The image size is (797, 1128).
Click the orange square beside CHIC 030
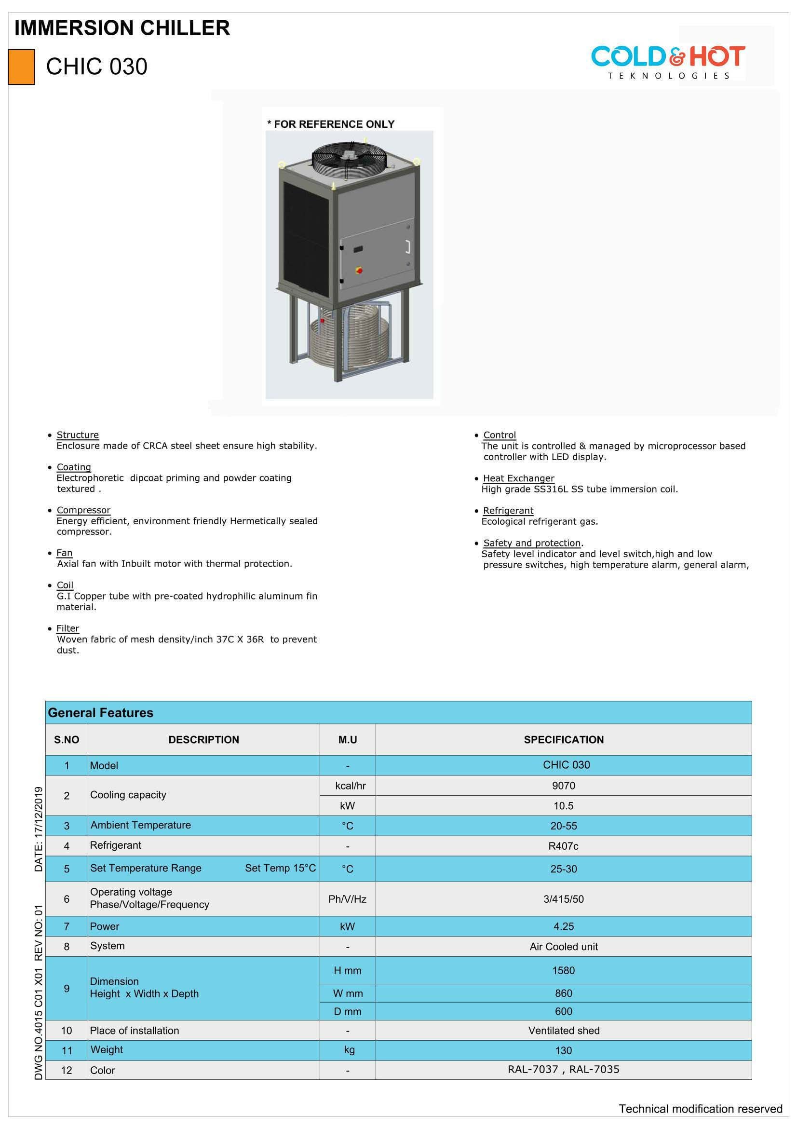(21, 67)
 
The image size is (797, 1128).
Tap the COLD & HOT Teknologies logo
(668, 61)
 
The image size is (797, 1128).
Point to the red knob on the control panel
(359, 270)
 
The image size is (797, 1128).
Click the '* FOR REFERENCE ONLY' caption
(331, 124)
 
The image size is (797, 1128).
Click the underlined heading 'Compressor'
(83, 510)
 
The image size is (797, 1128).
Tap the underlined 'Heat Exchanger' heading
(519, 478)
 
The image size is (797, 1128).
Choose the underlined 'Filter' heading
(68, 628)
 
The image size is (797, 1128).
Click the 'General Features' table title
(101, 713)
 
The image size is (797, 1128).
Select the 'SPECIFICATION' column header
(563, 740)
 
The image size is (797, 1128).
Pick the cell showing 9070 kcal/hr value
(563, 786)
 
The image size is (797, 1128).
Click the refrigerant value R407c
(563, 846)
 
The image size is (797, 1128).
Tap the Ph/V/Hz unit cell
(347, 899)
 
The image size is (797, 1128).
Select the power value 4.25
(563, 926)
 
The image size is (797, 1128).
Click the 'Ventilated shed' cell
(563, 1031)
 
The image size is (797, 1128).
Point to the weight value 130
(563, 1051)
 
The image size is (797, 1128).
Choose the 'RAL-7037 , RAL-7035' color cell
(563, 1070)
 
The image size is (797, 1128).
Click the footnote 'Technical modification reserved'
(700, 1109)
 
